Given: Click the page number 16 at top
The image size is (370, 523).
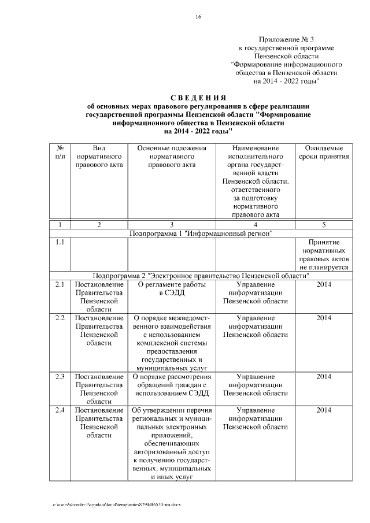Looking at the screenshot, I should (198, 17).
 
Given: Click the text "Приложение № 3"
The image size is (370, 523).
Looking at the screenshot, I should (287, 38).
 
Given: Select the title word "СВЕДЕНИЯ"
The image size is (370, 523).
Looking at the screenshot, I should (198, 97).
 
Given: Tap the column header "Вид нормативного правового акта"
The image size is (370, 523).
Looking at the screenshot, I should (98, 157).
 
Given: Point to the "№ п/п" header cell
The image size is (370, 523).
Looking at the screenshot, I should (60, 153).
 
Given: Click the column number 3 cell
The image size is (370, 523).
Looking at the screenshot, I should (172, 224).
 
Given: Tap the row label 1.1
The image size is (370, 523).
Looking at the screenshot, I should (60, 243).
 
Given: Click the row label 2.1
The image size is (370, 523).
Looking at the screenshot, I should (60, 285).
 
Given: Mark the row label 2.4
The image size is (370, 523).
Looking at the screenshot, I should (60, 410).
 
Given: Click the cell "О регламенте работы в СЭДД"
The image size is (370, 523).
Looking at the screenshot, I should (172, 289).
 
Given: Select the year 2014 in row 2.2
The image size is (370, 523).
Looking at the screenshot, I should (324, 318).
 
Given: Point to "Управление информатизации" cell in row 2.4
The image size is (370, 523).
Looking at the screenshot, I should (255, 418).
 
